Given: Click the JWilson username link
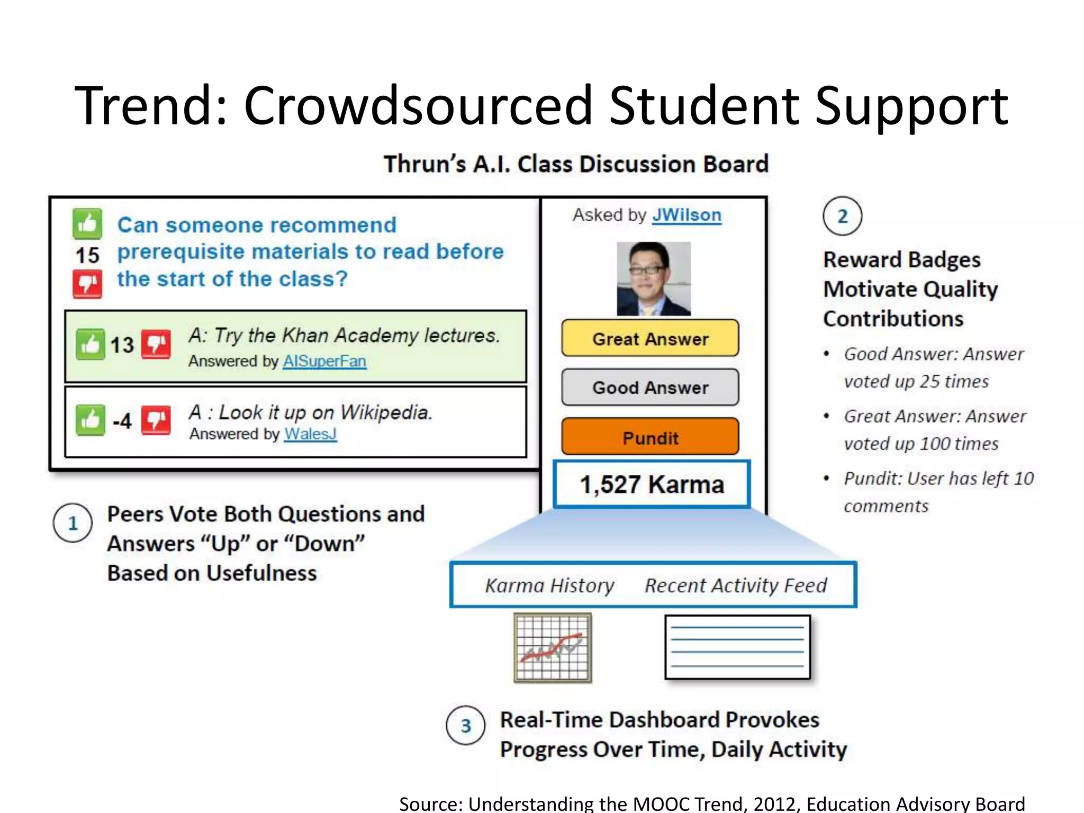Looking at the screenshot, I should click(686, 215).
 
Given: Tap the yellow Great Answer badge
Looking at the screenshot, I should click(650, 338).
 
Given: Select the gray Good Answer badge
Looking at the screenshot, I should click(650, 387).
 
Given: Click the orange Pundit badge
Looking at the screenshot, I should click(650, 437).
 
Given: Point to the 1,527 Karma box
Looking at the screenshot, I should click(652, 484).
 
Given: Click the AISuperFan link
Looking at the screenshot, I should click(324, 361).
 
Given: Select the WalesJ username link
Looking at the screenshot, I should click(310, 434).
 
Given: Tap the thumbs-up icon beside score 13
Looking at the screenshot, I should click(90, 345).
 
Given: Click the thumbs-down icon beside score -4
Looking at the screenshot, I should click(156, 421).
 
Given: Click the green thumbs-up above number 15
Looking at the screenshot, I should click(87, 224).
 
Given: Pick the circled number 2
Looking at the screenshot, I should click(842, 216).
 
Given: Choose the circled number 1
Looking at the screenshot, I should click(73, 523).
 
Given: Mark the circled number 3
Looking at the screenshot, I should click(466, 726).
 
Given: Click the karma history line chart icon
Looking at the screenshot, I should click(553, 648).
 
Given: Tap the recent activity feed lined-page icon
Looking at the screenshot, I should click(737, 647).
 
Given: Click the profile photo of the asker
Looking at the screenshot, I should click(654, 279).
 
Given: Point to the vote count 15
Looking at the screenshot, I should click(87, 256).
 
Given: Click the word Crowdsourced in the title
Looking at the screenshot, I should click(418, 106).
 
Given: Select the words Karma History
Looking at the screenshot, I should click(549, 585).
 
